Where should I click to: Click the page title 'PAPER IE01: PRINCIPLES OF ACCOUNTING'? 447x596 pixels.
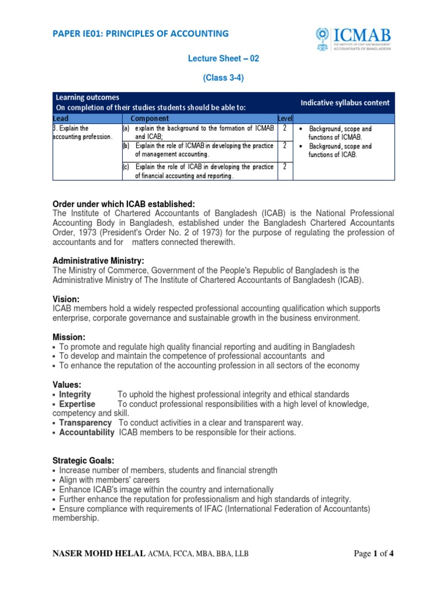click(x=140, y=34)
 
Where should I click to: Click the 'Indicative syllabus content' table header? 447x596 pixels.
click(x=345, y=102)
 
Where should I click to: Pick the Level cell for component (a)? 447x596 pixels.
click(x=285, y=128)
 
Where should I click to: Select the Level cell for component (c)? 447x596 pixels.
click(x=285, y=167)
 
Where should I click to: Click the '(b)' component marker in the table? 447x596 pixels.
click(x=125, y=146)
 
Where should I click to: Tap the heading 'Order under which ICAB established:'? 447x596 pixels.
click(x=123, y=204)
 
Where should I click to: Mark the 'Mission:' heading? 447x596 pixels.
click(x=69, y=337)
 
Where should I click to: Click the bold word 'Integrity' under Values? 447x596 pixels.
click(x=75, y=395)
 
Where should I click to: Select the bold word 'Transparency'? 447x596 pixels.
click(x=85, y=423)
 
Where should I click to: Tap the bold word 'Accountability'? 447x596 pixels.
click(x=87, y=432)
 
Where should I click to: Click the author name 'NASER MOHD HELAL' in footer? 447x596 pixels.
click(x=100, y=554)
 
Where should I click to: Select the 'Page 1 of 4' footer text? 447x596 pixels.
click(x=374, y=554)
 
